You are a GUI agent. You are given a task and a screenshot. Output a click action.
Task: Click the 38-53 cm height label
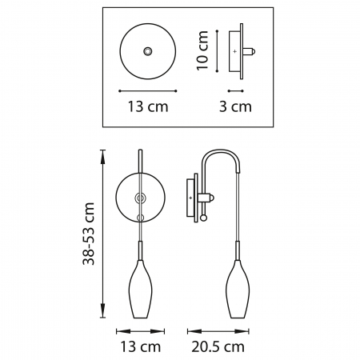tap(90, 233)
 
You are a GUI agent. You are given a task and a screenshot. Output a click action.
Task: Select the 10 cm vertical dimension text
tap(203, 51)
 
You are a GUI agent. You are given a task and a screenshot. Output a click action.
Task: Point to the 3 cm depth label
tap(237, 106)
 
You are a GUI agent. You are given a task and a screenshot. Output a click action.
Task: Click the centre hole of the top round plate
tap(147, 51)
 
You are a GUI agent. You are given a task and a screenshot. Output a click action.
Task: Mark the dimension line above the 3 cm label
tap(236, 90)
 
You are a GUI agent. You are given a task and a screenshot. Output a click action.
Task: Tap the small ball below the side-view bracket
tap(202, 215)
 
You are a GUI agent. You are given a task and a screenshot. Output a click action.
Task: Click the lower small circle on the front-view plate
tap(141, 216)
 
